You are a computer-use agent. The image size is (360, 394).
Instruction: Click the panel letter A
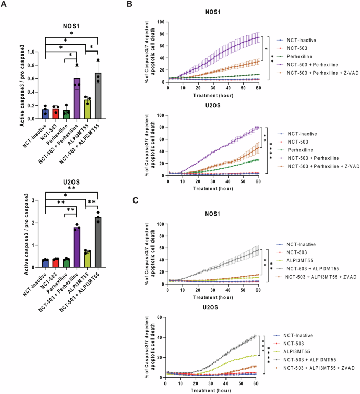click(x=5, y=5)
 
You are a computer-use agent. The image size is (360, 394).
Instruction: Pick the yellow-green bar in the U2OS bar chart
click(x=88, y=259)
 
